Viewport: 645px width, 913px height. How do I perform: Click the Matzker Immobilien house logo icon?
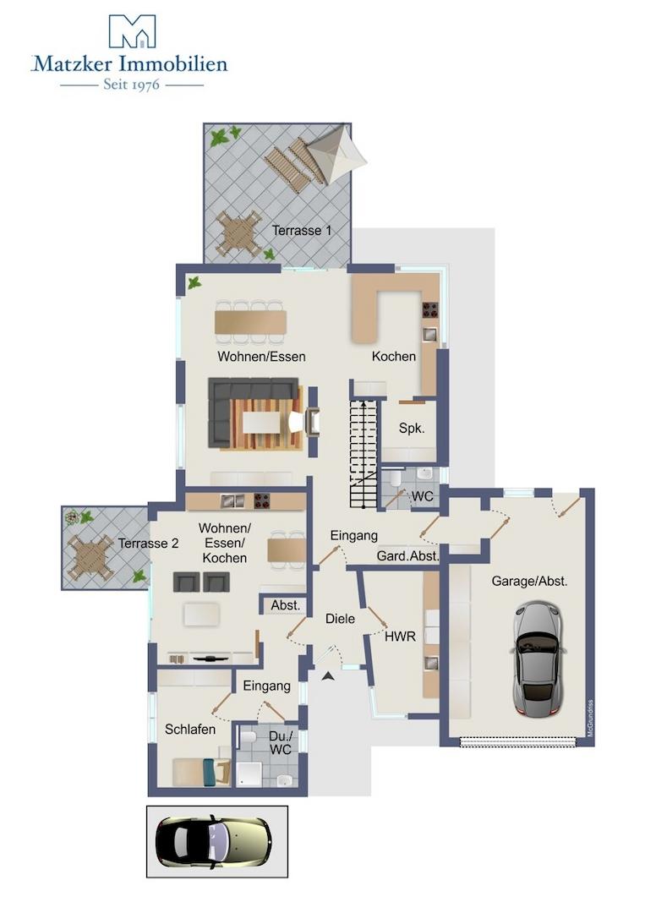pyautogui.click(x=133, y=31)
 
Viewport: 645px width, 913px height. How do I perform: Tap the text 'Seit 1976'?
pyautogui.click(x=132, y=85)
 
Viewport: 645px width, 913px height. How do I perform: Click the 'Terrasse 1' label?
pyautogui.click(x=302, y=231)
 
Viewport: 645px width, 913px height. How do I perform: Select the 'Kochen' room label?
pyautogui.click(x=394, y=357)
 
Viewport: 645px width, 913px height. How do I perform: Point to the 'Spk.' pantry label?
pyautogui.click(x=412, y=429)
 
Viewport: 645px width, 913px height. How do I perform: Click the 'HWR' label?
pyautogui.click(x=401, y=637)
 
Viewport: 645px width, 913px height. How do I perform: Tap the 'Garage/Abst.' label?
pyautogui.click(x=530, y=581)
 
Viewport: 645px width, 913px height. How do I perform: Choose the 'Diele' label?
pyautogui.click(x=341, y=618)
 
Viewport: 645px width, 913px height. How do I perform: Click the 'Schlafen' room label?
pyautogui.click(x=190, y=729)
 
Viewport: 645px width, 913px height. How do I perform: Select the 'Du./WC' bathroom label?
pyautogui.click(x=281, y=743)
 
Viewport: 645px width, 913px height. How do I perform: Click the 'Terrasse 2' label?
pyautogui.click(x=149, y=544)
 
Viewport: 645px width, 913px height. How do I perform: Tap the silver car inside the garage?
pyautogui.click(x=538, y=659)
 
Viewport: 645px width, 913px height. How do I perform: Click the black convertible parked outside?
pyautogui.click(x=214, y=841)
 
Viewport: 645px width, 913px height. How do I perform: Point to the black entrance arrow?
pyautogui.click(x=329, y=675)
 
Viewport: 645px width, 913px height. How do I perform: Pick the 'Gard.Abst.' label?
pyautogui.click(x=407, y=556)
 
